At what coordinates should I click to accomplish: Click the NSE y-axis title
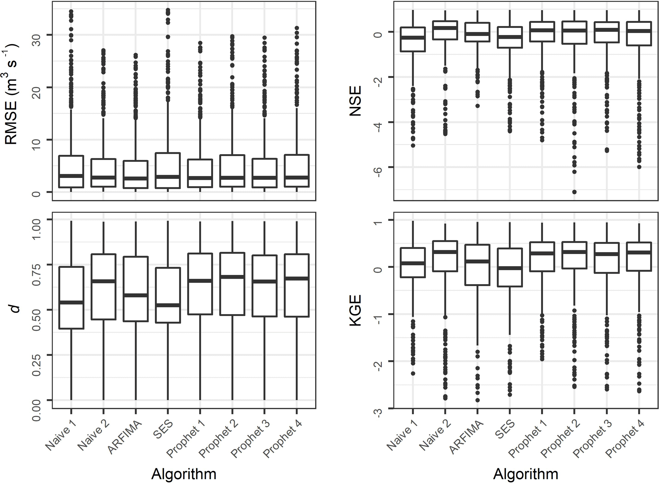pyautogui.click(x=355, y=101)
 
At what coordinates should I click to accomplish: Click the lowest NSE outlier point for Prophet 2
pyautogui.click(x=574, y=192)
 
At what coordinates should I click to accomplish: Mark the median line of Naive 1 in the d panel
pyautogui.click(x=71, y=302)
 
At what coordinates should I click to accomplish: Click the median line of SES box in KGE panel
pyautogui.click(x=509, y=268)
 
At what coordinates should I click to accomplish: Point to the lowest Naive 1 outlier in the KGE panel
pyautogui.click(x=413, y=374)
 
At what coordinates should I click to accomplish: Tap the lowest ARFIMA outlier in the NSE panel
pyautogui.click(x=477, y=106)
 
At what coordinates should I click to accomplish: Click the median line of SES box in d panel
pyautogui.click(x=167, y=305)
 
